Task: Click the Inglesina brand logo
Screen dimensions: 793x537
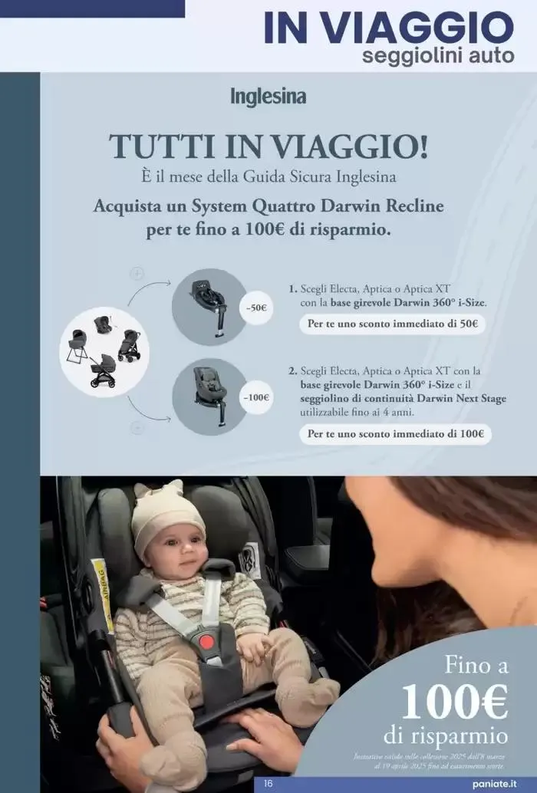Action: [x=268, y=97]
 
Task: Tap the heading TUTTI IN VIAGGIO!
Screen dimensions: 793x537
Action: [x=268, y=146]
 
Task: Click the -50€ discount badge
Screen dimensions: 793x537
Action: [x=256, y=308]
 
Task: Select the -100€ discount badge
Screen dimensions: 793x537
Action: [x=255, y=397]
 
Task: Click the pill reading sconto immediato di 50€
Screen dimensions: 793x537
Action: [x=392, y=324]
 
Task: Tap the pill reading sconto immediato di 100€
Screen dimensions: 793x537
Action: [x=395, y=433]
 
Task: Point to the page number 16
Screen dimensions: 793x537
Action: [x=268, y=784]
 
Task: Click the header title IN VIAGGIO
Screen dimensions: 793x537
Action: [x=388, y=28]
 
